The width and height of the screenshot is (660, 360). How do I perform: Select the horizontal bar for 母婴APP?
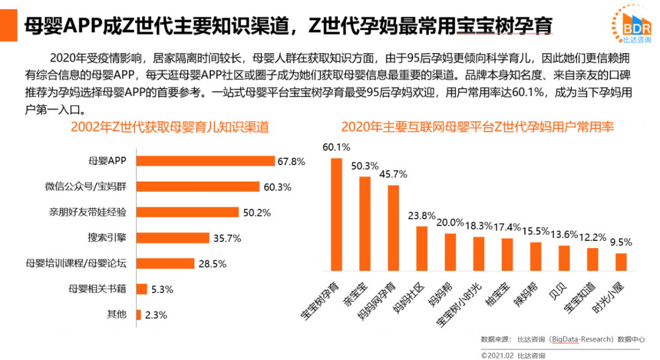[206, 161]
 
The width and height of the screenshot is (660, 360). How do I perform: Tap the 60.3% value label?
[277, 186]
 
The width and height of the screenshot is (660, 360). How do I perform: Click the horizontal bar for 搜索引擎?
[173, 238]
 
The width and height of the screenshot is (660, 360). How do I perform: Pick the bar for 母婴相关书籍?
[142, 289]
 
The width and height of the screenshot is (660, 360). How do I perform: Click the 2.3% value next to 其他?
[156, 315]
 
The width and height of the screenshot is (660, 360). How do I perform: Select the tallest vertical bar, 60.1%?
[336, 214]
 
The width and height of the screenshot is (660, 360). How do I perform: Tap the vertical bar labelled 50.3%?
[365, 223]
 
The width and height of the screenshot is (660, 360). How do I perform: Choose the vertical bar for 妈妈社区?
[422, 248]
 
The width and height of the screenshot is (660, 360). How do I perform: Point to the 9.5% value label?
[621, 241]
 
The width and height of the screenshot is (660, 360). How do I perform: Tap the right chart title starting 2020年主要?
[477, 127]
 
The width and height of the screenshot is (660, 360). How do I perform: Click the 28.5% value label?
[212, 264]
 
